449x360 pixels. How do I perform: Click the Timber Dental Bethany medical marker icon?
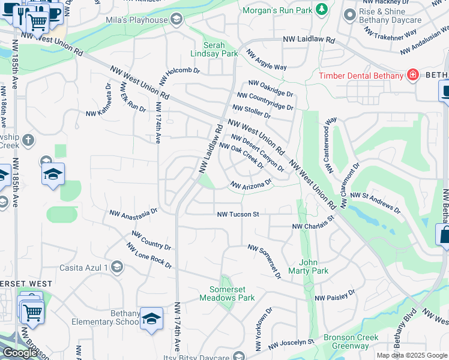point(412,75)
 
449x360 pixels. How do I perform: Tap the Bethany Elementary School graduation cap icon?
point(151,317)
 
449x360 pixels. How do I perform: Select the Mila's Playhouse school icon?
point(176,20)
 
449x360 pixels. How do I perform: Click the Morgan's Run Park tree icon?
point(322,10)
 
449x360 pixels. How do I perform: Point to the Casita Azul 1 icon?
point(117,267)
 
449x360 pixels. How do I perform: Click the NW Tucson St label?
point(238,214)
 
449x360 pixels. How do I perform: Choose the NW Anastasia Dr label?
point(133,212)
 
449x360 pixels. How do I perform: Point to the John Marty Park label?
point(313,266)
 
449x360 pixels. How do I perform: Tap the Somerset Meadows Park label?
point(227,293)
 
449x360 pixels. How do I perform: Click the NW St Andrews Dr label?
point(375,202)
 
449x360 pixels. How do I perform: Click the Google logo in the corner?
point(20,353)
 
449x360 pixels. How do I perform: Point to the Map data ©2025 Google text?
point(411,355)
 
